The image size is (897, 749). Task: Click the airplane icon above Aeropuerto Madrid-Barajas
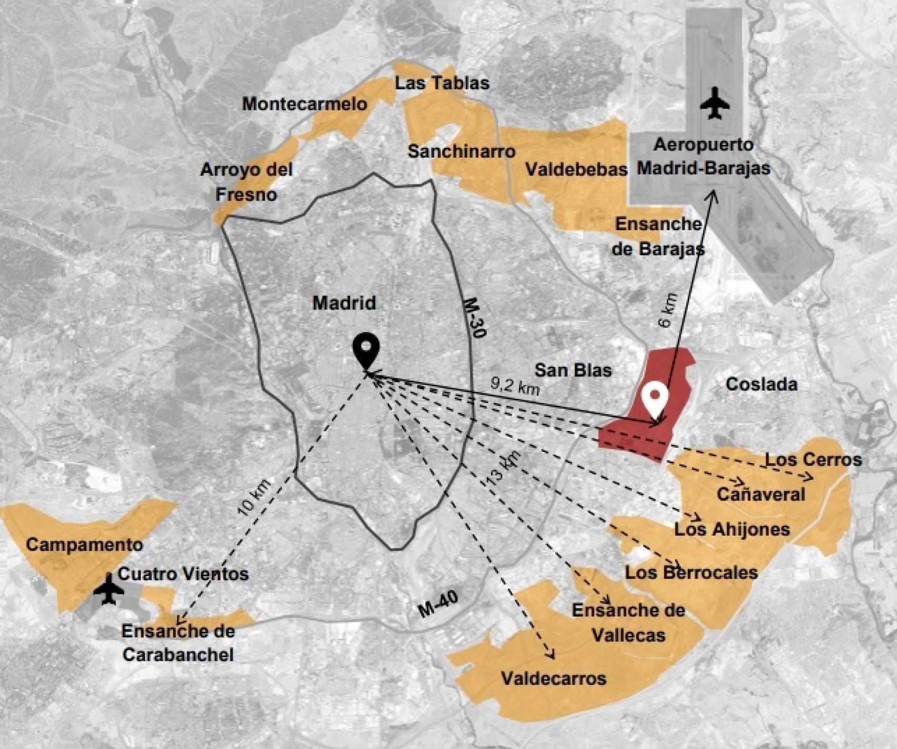pyautogui.click(x=715, y=104)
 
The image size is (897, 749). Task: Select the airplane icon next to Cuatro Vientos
pyautogui.click(x=109, y=590)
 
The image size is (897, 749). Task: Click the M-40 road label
pyautogui.click(x=438, y=604)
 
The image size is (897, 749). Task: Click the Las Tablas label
pyautogui.click(x=442, y=83)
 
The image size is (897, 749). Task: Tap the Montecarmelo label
pyautogui.click(x=304, y=104)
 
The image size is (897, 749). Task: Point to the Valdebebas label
pyautogui.click(x=576, y=169)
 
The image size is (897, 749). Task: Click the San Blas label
pyautogui.click(x=573, y=370)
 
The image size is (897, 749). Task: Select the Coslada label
pyautogui.click(x=761, y=384)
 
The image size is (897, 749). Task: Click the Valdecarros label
pyautogui.click(x=553, y=678)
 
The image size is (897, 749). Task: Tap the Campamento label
pyautogui.click(x=84, y=545)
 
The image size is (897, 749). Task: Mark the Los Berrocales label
pyautogui.click(x=691, y=572)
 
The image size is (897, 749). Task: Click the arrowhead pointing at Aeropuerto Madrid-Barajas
pyautogui.click(x=713, y=196)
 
